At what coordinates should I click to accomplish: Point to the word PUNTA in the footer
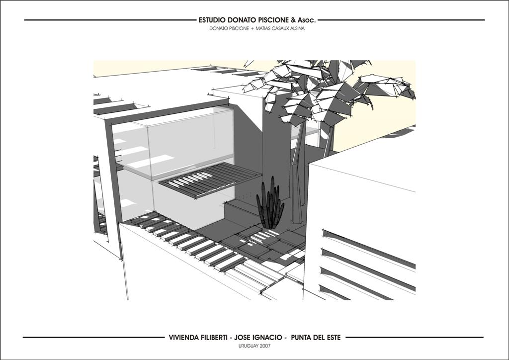pos(301,338)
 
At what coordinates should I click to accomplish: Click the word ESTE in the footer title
pos(333,338)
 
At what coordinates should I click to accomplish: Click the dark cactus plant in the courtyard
pos(270,204)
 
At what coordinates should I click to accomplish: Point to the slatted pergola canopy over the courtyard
pos(210,180)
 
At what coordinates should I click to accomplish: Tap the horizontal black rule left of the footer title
pos(93,338)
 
